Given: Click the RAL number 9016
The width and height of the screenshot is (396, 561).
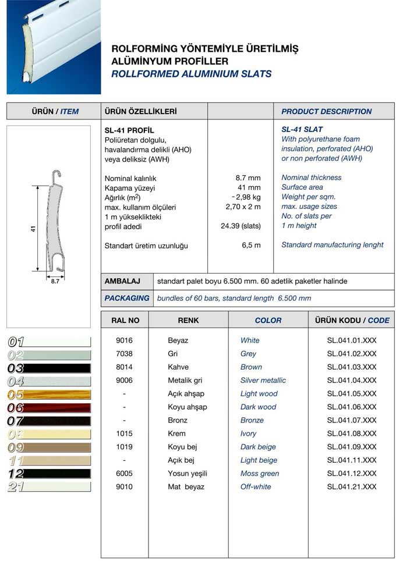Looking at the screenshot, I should click(125, 340).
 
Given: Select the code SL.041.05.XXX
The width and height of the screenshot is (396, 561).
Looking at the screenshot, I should click(352, 394).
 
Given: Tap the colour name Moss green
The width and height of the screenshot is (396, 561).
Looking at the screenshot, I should click(259, 474).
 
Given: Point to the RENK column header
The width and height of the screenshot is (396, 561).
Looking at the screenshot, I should click(188, 320).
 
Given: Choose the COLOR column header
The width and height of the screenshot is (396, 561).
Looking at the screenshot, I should click(268, 320).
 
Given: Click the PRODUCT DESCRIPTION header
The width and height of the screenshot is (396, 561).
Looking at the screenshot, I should click(326, 111).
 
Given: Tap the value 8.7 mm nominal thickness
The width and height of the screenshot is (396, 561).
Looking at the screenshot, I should click(248, 178).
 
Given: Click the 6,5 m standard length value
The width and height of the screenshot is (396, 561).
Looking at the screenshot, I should click(251, 246).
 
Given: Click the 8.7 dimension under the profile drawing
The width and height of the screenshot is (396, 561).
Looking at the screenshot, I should click(55, 280).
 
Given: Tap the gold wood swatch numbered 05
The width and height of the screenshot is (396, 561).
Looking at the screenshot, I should click(49, 395).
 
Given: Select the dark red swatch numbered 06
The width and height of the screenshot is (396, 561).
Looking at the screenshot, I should click(49, 408).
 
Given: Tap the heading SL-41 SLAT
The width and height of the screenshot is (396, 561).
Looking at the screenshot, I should click(302, 129).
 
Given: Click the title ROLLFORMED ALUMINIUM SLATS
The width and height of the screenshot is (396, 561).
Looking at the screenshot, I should click(191, 74).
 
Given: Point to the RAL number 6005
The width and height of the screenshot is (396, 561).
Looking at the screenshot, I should click(125, 474).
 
